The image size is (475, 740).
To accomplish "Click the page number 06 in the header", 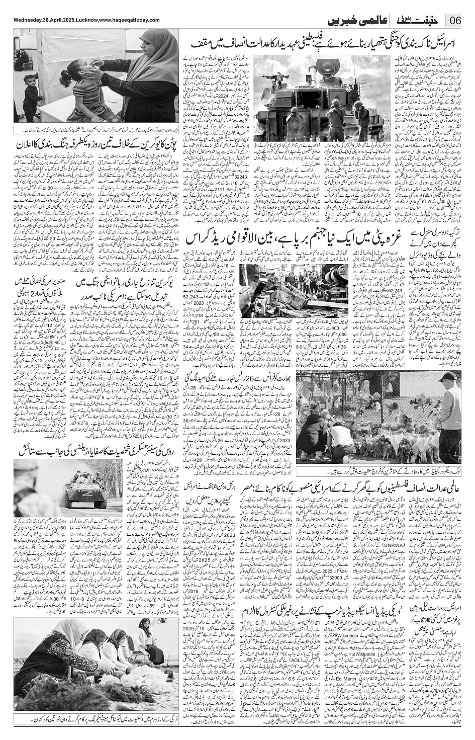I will click(x=456, y=22).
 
